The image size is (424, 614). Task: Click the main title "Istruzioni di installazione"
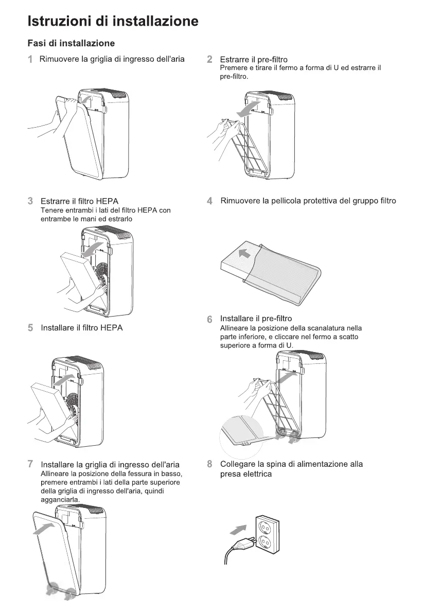[x=113, y=21]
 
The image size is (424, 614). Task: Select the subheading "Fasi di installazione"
[x=71, y=43]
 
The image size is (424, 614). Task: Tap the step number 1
[x=30, y=59]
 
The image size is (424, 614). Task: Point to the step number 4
[x=209, y=201]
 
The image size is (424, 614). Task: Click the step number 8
[x=209, y=464]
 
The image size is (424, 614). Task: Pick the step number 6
[x=209, y=319]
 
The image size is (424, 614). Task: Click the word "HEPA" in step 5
[x=112, y=327]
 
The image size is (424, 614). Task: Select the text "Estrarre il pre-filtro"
[x=254, y=60]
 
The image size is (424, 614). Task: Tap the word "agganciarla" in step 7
[x=59, y=500]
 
